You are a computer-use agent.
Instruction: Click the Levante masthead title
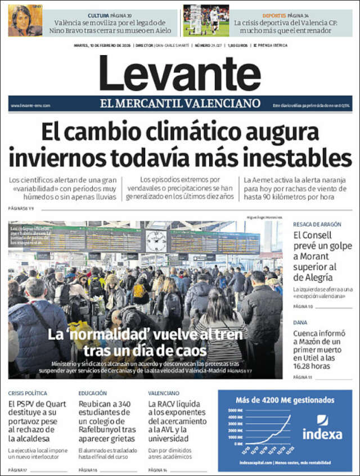pos(180,73)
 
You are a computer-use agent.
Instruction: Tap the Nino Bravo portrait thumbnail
pos(25,21)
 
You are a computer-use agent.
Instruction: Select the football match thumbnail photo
pos(206,21)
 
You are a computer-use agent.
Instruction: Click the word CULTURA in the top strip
pos(98,15)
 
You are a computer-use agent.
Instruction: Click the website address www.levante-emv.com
pos(30,105)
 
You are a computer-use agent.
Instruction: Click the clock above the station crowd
pos(156,241)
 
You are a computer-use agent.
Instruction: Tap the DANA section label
pos(300,322)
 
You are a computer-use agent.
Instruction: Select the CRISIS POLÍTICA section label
pos(28,393)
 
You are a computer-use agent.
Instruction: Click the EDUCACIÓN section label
pos(93,393)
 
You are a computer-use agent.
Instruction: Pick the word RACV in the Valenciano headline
pos(170,404)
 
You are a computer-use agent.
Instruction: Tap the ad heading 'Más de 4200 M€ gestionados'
pos(285,400)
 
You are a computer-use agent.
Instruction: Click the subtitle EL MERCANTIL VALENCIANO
pos(180,103)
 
